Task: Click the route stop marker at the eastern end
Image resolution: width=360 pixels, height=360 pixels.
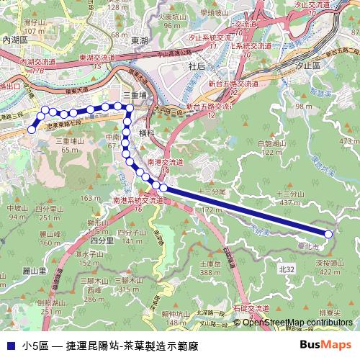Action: pos(329,234)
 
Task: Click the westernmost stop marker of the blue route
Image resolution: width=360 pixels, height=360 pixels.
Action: pos(31,130)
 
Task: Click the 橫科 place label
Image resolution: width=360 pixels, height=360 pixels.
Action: pos(148,133)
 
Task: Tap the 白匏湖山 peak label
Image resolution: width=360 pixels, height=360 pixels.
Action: pos(271,144)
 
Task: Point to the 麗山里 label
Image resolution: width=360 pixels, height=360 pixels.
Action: pos(34,271)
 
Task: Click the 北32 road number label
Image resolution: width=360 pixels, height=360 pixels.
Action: pos(287,268)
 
